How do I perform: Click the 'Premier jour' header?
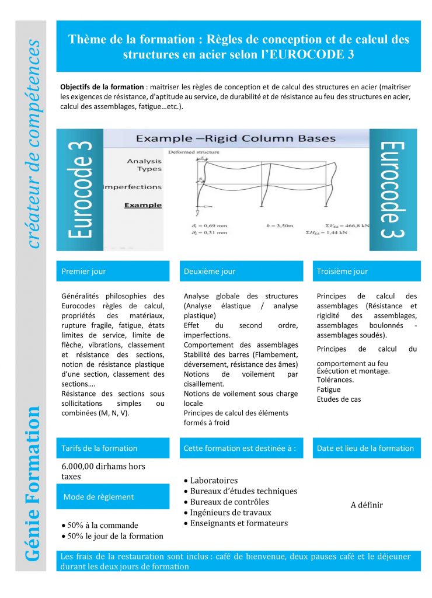click(x=84, y=272)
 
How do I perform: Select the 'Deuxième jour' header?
click(x=210, y=272)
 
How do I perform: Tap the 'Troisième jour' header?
click(x=342, y=272)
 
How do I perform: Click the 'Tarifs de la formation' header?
click(x=99, y=448)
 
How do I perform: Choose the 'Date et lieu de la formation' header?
click(x=365, y=448)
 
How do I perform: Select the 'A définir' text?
click(x=367, y=505)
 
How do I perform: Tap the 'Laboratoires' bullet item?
click(x=214, y=481)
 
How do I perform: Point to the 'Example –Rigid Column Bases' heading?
click(x=235, y=138)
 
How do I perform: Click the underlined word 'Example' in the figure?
click(x=143, y=205)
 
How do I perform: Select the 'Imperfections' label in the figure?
click(x=133, y=187)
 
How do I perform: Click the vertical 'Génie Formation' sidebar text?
click(x=33, y=481)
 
